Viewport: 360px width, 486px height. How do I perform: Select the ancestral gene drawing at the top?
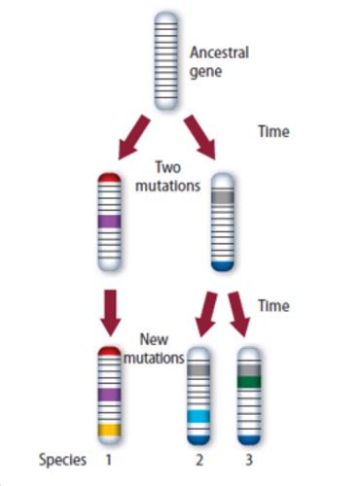pyautogui.click(x=165, y=53)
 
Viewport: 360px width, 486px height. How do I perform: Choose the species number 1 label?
pyautogui.click(x=110, y=458)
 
